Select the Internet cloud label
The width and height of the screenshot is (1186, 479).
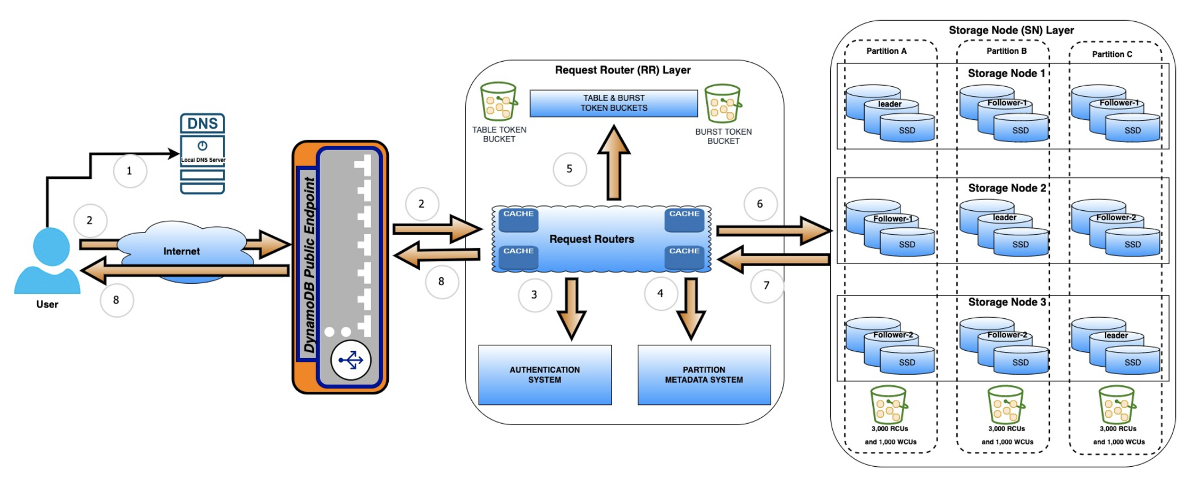tap(181, 251)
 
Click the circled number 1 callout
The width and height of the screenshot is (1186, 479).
tap(129, 171)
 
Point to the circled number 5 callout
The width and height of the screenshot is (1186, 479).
tap(569, 169)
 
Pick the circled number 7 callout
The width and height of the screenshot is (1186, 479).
tap(766, 286)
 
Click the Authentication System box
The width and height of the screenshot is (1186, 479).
tap(545, 375)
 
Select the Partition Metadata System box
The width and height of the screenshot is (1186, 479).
tap(704, 375)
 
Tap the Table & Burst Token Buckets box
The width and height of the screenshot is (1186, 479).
tap(614, 103)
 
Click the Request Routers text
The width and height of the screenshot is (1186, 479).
tap(591, 240)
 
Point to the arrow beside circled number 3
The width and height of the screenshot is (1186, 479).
tap(572, 309)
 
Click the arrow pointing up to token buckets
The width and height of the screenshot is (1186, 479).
tap(614, 162)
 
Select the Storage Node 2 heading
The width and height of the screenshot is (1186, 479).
tap(1007, 188)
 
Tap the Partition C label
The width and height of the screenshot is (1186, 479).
tap(1112, 54)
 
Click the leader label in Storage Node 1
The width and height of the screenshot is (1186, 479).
tap(890, 104)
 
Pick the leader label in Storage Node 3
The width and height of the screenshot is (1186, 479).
tap(1116, 336)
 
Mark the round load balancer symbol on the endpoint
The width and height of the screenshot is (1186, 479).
tap(350, 360)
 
